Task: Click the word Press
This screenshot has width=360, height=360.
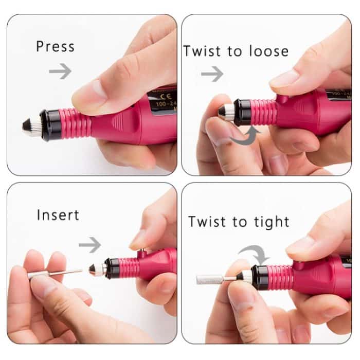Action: click(x=55, y=46)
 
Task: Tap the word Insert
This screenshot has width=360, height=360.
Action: click(x=58, y=214)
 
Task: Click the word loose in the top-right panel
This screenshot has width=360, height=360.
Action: click(x=265, y=51)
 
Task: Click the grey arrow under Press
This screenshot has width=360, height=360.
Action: click(x=60, y=71)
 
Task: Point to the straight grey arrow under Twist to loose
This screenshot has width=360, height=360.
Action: click(x=212, y=74)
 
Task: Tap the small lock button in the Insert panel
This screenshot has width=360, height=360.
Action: click(x=140, y=252)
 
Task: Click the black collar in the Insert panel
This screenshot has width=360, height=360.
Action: click(x=113, y=268)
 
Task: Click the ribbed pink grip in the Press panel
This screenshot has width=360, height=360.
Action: click(x=75, y=123)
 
